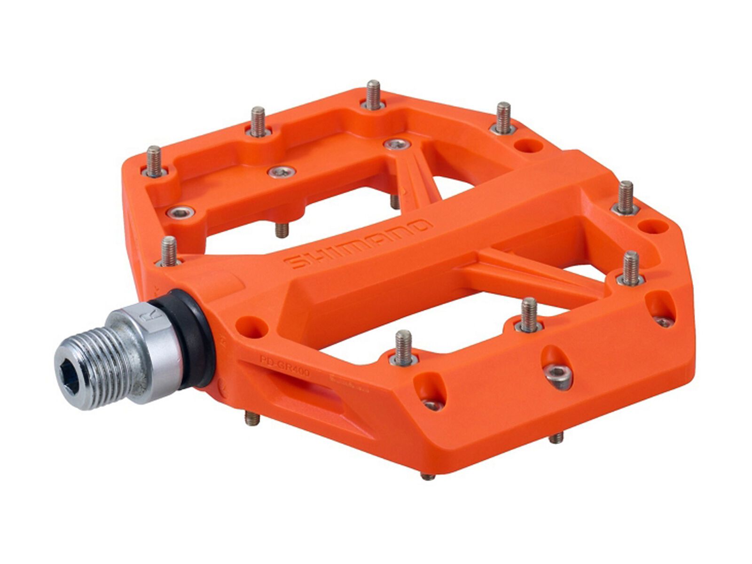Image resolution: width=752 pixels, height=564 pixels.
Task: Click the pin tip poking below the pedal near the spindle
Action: tap(252, 418)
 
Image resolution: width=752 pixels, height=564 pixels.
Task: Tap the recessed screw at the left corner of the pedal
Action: tap(180, 213)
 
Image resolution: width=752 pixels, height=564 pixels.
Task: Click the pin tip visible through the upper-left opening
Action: tap(282, 229)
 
